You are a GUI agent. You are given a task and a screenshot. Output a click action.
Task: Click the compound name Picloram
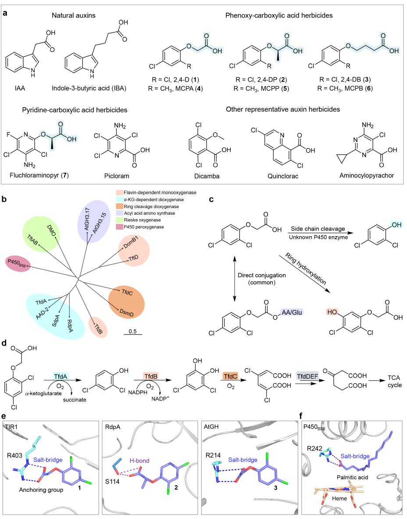click(117, 176)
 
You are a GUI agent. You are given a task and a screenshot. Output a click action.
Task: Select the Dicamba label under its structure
click(207, 176)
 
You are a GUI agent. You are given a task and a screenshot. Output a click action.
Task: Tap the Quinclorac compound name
click(283, 176)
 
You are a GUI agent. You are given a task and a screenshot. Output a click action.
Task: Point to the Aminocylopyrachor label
click(367, 176)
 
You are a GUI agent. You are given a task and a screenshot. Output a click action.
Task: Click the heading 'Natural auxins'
click(74, 15)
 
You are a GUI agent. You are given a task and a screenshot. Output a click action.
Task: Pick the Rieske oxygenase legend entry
click(142, 220)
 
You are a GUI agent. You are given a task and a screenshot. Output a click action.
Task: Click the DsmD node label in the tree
click(127, 313)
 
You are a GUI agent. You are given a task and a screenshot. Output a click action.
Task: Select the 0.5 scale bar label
click(132, 332)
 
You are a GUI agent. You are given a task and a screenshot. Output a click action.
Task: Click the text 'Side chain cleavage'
click(318, 229)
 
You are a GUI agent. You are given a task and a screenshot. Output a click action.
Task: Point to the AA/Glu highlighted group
click(292, 312)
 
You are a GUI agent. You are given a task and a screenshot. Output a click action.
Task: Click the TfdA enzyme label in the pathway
click(61, 376)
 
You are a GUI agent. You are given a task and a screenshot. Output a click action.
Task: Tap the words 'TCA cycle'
click(395, 381)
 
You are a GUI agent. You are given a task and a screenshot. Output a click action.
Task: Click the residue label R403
click(14, 455)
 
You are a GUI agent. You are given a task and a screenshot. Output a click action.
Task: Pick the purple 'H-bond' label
click(139, 461)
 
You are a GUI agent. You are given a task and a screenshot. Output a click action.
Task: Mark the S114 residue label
click(112, 481)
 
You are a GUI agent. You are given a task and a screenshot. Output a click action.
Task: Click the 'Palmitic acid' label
click(353, 477)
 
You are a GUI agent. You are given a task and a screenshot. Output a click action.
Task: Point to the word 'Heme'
click(339, 498)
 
